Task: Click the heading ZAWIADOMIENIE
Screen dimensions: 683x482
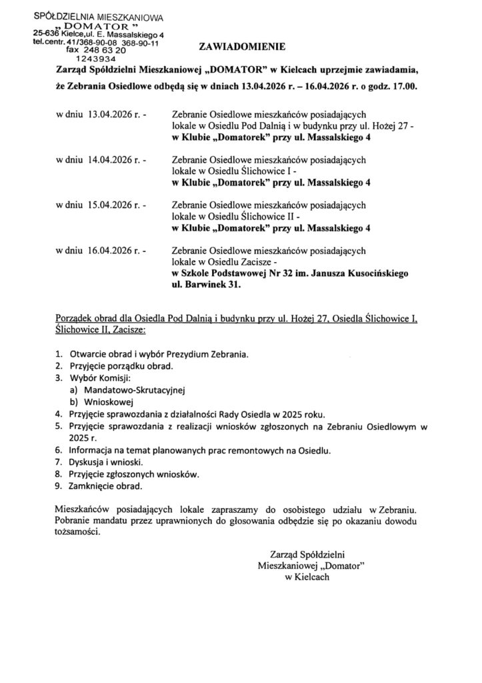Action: (241, 47)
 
